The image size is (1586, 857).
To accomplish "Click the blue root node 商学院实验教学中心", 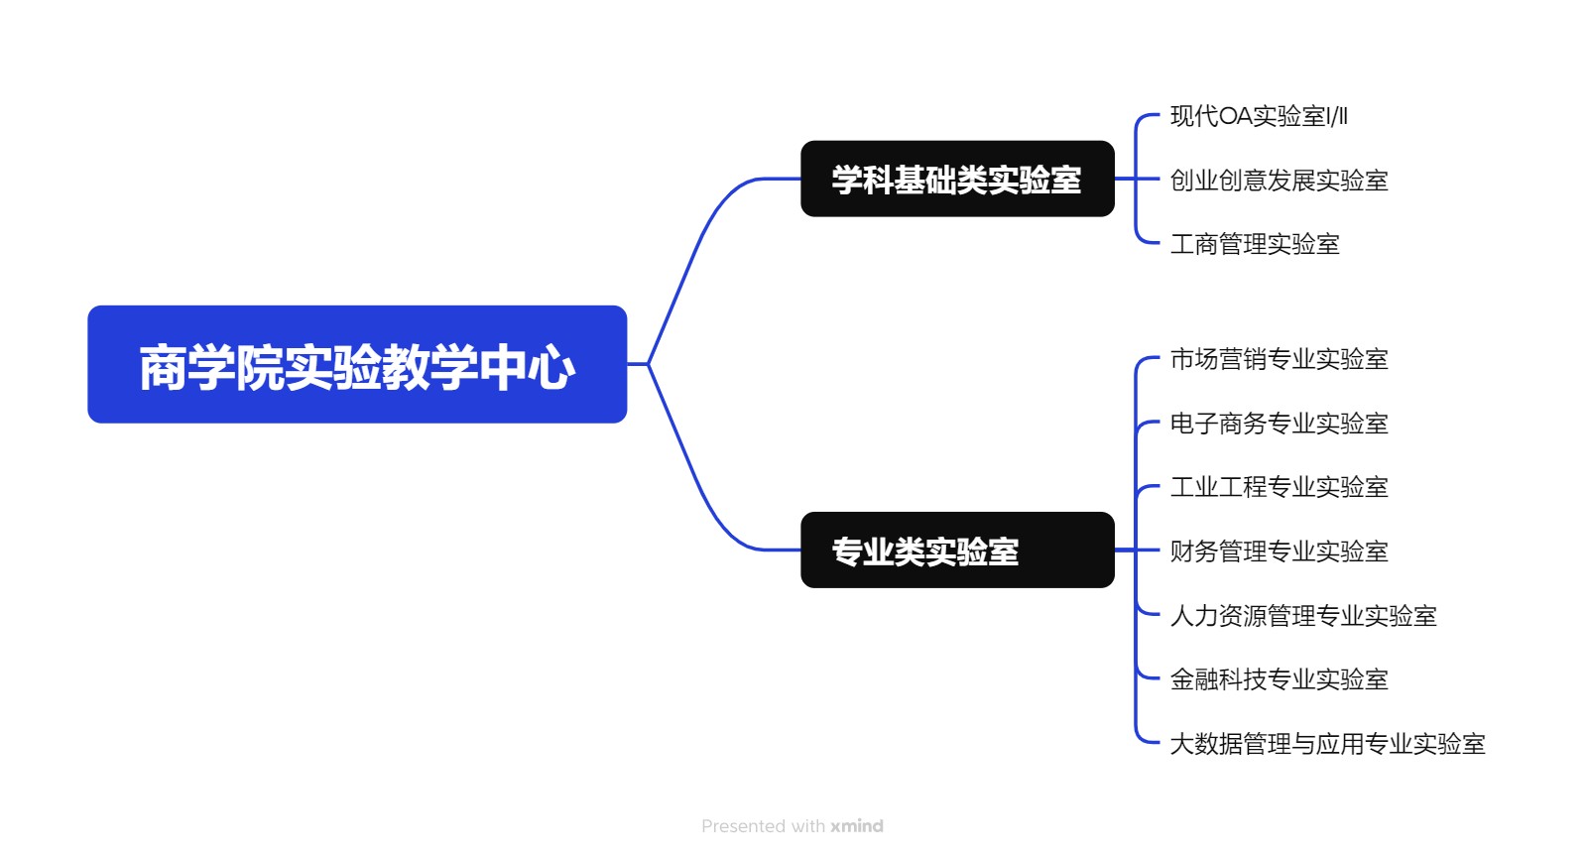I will (357, 364).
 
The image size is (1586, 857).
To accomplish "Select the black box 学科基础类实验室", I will (957, 179).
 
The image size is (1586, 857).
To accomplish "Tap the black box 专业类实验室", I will (957, 550).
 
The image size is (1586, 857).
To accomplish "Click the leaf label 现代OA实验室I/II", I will (1258, 116).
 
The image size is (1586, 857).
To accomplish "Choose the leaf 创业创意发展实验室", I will (1279, 181).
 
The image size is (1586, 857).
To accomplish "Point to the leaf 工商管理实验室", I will (1255, 244).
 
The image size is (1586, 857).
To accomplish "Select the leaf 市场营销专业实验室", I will (1279, 359).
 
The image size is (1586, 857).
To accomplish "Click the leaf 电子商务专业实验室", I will (1279, 424).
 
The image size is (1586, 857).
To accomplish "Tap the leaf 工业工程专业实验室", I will (1279, 487).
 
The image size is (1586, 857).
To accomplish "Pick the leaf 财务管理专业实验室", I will (1279, 551).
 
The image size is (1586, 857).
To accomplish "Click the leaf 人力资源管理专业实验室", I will (1302, 616).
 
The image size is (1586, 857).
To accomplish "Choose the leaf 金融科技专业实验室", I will (1279, 679).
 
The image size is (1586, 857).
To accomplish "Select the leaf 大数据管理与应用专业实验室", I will (1327, 744).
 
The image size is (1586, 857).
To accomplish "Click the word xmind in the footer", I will (857, 826).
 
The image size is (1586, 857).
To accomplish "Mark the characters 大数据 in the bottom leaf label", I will (1206, 744).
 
